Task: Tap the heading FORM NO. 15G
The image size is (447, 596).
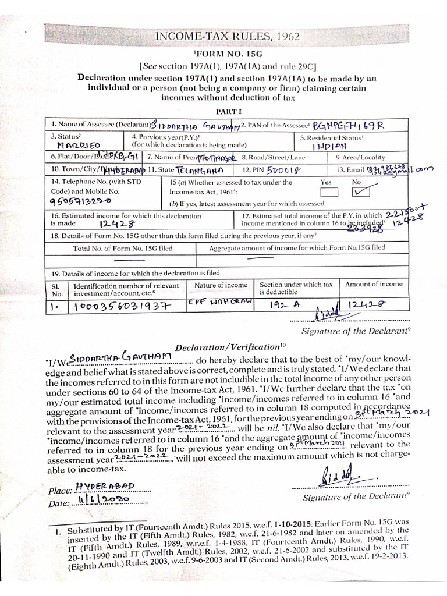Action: click(225, 54)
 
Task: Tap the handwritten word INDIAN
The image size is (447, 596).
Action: click(329, 147)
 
